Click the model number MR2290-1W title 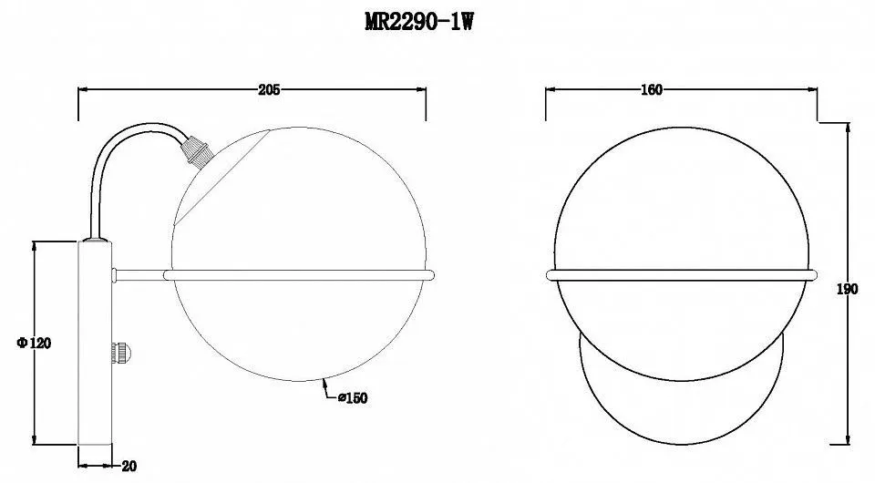click(419, 22)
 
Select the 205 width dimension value click(268, 89)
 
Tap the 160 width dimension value click(651, 89)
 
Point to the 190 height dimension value click(847, 290)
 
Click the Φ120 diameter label click(34, 343)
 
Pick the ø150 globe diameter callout click(353, 397)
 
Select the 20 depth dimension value click(129, 467)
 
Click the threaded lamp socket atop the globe click(198, 149)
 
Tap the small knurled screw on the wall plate click(120, 353)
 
